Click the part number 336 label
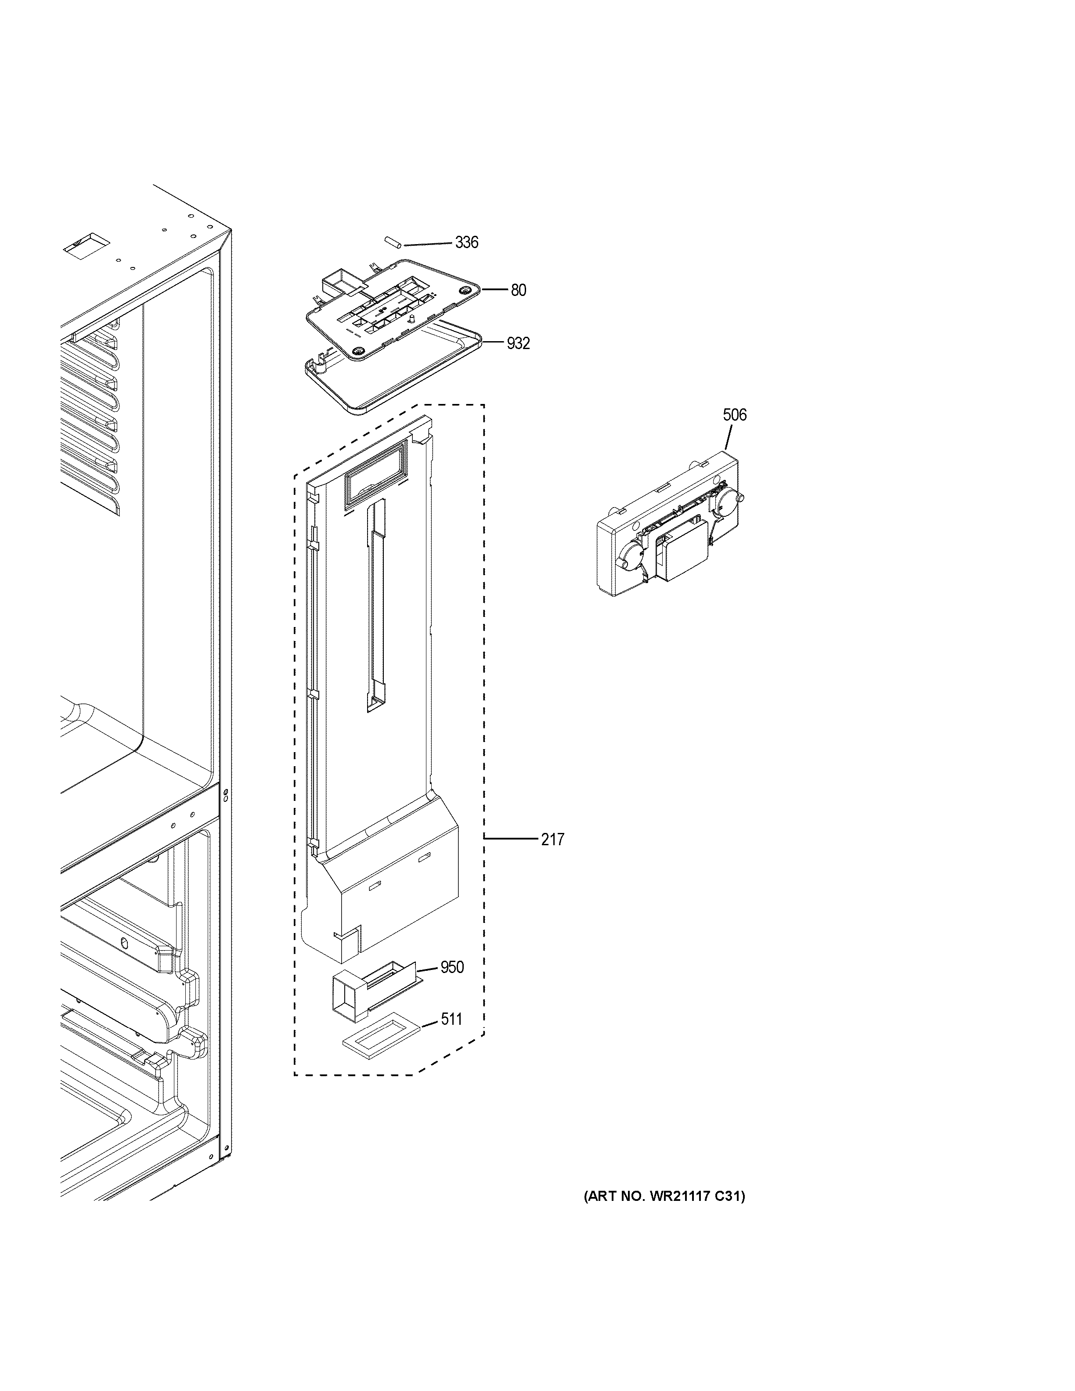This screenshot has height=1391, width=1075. pos(466,243)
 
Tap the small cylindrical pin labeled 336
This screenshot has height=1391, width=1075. pos(391,243)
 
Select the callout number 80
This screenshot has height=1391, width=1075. pos(518,290)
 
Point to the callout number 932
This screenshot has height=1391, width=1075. pos(518,344)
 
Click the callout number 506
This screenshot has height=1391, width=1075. pos(734,415)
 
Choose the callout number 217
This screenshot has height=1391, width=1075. pos(552,840)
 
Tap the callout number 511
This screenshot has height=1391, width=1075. pos(451,1020)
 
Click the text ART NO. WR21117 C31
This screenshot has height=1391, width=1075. pos(664,1197)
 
